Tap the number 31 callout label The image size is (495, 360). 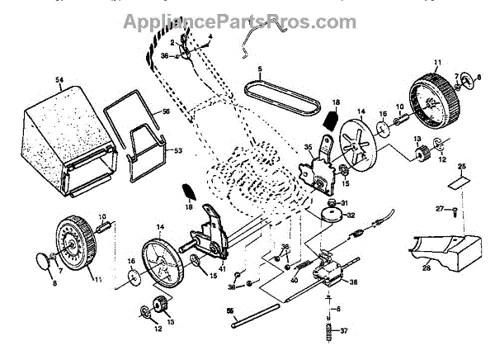click(x=346, y=204)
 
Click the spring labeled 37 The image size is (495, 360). click(x=330, y=334)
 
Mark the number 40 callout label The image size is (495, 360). click(x=293, y=281)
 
